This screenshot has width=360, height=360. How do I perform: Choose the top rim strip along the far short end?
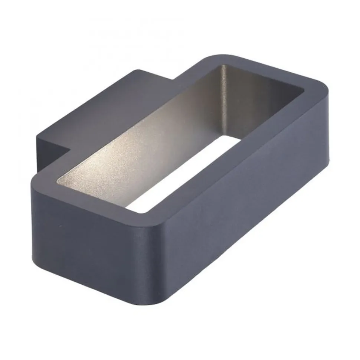click(275, 72)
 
